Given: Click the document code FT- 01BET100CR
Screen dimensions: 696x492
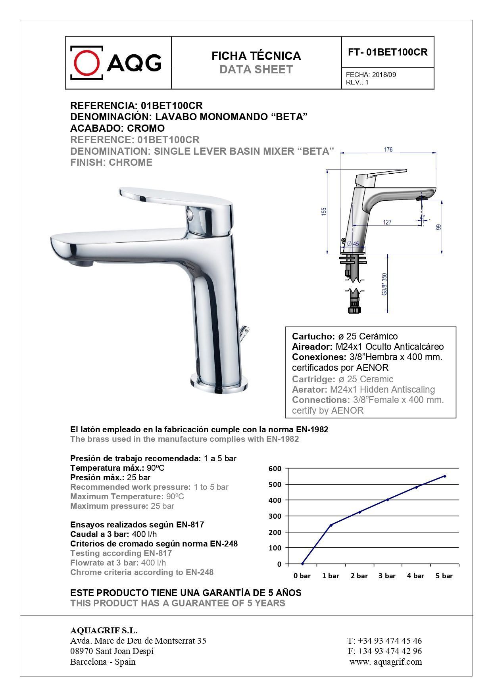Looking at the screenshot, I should [x=388, y=52].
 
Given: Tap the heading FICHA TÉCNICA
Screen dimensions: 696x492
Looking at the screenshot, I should [x=256, y=56].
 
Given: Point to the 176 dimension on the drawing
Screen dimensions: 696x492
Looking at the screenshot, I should [x=388, y=150].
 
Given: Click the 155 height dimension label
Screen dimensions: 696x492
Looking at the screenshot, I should [x=324, y=212].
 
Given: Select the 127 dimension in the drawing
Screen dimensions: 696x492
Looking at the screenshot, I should [x=387, y=222].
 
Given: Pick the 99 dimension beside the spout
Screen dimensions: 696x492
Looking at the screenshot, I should [x=438, y=227].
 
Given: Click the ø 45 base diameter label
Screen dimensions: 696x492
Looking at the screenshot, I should [x=353, y=244].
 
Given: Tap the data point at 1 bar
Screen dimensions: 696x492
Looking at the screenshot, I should [x=331, y=525].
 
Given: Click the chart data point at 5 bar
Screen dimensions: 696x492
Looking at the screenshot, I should [x=444, y=476].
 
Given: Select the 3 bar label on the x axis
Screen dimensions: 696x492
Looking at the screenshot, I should [x=387, y=576].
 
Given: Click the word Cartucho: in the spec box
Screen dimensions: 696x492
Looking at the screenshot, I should [x=313, y=336].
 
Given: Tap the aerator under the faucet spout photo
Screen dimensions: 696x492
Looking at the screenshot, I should [x=81, y=263].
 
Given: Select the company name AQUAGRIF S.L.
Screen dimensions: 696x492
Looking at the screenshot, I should [x=104, y=631].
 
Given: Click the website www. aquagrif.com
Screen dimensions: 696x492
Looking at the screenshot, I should [x=385, y=661].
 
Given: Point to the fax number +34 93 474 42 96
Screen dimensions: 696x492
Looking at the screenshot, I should [x=389, y=651].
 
